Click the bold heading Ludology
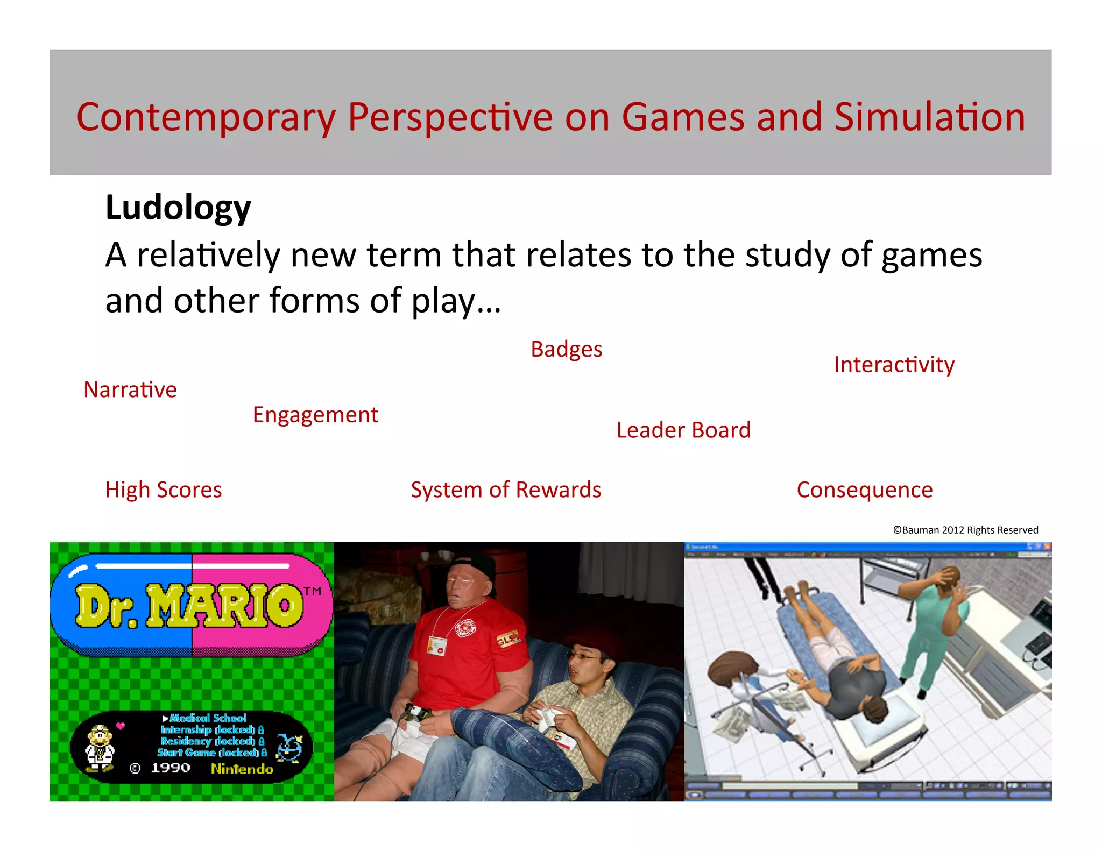click(178, 208)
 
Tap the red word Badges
click(566, 350)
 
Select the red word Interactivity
click(894, 365)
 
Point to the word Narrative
click(130, 389)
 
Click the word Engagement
click(315, 415)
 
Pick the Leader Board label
click(683, 430)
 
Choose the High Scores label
click(164, 490)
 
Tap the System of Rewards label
click(506, 490)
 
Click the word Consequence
click(864, 490)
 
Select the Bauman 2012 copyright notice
click(965, 530)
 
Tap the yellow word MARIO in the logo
click(225, 606)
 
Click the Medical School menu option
click(208, 718)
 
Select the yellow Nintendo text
click(242, 769)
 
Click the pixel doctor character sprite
click(100, 747)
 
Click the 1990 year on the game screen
click(170, 768)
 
